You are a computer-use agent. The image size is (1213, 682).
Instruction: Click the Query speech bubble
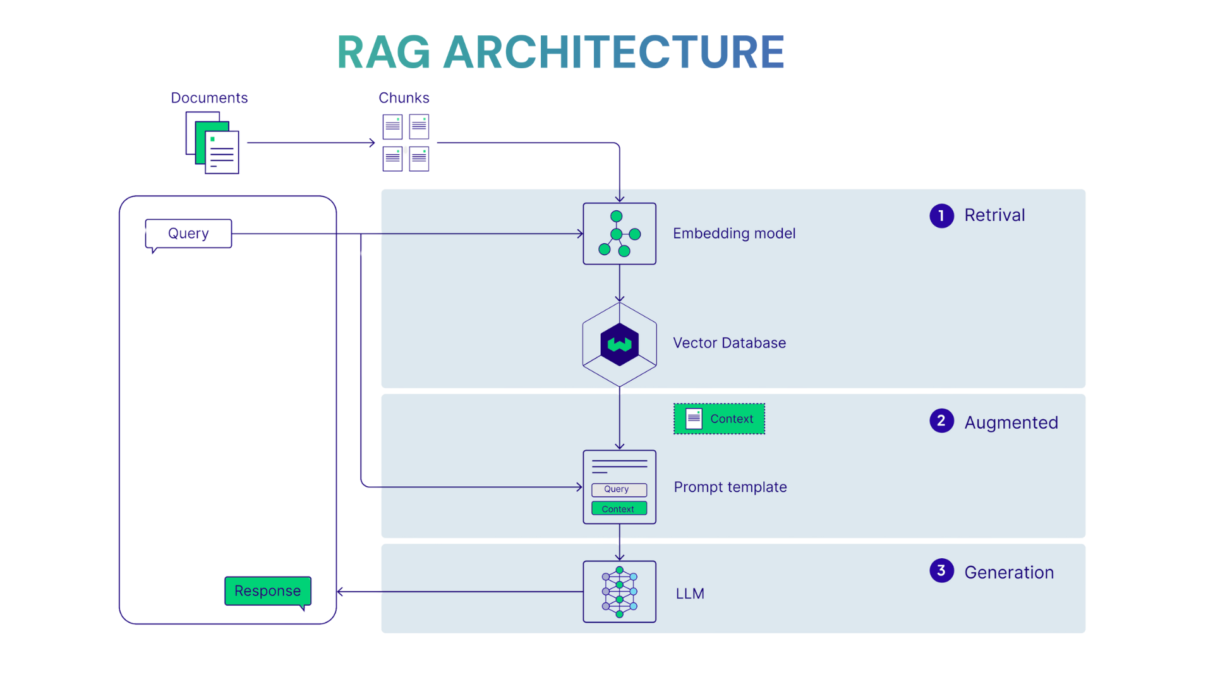point(188,234)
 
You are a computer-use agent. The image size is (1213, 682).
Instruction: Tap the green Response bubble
point(268,591)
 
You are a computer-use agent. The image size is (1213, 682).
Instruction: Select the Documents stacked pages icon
point(212,143)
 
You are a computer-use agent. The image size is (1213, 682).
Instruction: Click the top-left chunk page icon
point(392,127)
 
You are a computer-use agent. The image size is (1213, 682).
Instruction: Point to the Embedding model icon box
point(619,234)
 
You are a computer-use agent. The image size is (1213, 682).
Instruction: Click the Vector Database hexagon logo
point(619,344)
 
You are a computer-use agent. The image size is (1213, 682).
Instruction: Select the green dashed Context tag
point(719,419)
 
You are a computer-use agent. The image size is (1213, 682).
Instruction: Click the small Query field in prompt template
point(619,489)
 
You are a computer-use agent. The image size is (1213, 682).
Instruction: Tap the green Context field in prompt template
point(619,508)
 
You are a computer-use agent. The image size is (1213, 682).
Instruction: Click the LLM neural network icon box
point(619,592)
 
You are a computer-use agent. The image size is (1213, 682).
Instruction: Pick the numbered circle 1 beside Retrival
point(941,216)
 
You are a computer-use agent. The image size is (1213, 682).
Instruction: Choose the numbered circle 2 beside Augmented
point(941,421)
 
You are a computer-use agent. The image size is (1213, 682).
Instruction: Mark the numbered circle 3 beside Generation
point(941,571)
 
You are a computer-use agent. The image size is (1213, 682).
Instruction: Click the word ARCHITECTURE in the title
point(614,52)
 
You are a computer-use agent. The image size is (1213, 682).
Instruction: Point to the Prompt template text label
point(730,487)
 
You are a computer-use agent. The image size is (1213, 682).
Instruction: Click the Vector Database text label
point(729,343)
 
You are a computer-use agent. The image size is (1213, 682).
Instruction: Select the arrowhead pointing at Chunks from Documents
point(373,143)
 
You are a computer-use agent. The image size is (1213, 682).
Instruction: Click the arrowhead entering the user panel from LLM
point(341,592)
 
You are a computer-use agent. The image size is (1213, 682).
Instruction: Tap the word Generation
point(1009,572)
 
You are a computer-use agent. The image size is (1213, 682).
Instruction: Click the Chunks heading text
point(404,98)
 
